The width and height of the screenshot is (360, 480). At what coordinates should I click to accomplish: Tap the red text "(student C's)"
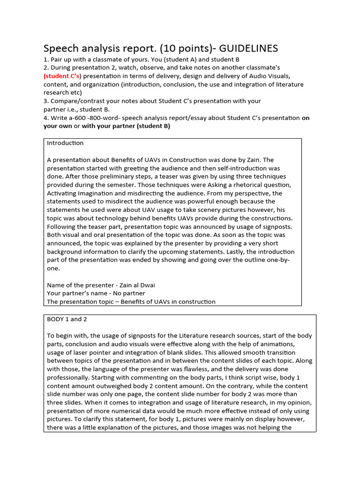click(x=62, y=76)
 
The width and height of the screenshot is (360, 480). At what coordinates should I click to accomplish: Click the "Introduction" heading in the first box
click(x=65, y=143)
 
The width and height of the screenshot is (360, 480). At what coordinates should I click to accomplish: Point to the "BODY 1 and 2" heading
click(x=67, y=319)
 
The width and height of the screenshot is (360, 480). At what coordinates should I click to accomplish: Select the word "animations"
click(x=278, y=344)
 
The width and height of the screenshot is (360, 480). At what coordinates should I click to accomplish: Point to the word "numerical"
click(x=133, y=411)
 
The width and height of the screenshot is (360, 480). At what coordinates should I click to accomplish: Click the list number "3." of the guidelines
click(x=46, y=101)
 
